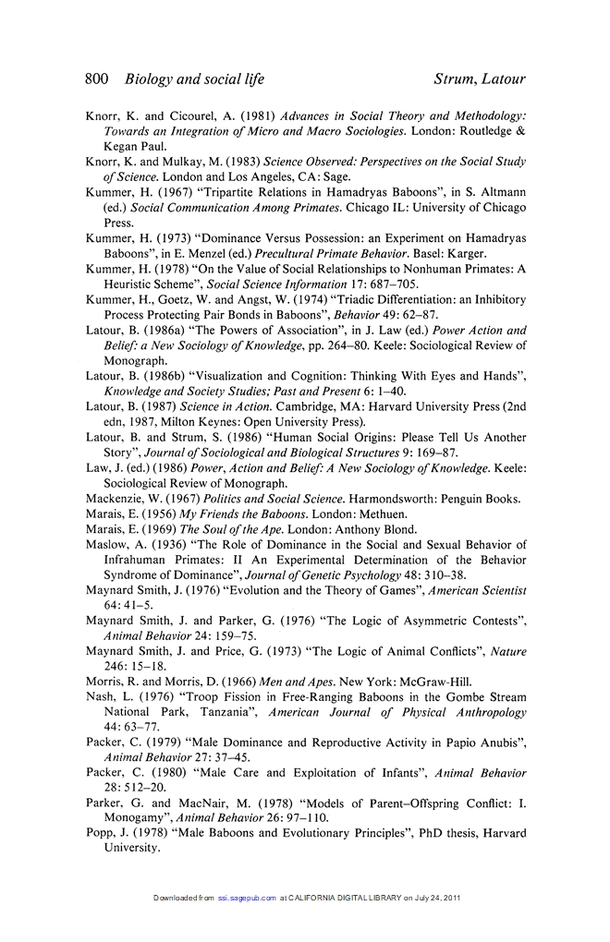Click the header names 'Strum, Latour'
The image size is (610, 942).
(x=480, y=79)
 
